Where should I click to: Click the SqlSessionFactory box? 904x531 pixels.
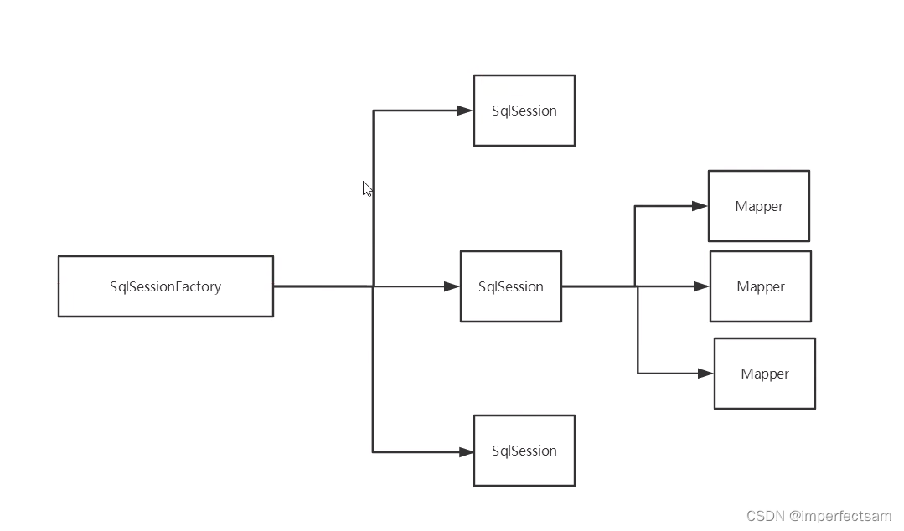(x=165, y=286)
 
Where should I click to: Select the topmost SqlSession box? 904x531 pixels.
(x=524, y=111)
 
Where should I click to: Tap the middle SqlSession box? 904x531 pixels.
(x=510, y=286)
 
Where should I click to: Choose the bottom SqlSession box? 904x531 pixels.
(x=524, y=451)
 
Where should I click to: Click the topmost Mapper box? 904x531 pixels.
(x=758, y=206)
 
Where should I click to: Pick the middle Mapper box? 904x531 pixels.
(x=760, y=286)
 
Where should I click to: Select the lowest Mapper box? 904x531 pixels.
(x=764, y=374)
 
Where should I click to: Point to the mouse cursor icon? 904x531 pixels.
(x=367, y=188)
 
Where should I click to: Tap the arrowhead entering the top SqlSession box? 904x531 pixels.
(x=465, y=111)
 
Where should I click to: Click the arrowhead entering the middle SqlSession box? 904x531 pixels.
(x=452, y=286)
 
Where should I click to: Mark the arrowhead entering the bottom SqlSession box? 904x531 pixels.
(x=465, y=452)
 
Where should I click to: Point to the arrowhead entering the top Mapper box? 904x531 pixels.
(x=700, y=206)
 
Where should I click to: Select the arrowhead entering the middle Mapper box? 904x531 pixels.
(x=701, y=286)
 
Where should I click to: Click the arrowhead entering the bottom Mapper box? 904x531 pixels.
(x=705, y=374)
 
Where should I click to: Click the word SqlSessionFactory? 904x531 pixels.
(x=165, y=286)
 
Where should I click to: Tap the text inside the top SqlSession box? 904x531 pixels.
(x=524, y=111)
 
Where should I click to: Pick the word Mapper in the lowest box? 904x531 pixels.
(x=764, y=374)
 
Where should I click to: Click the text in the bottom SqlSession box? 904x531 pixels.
(x=524, y=451)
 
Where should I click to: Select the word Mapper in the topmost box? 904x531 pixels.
(x=758, y=206)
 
